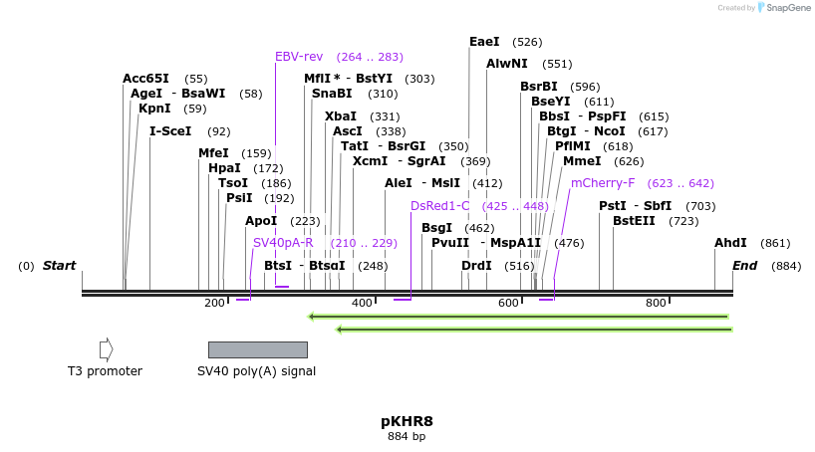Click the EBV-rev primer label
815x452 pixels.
[x=299, y=57]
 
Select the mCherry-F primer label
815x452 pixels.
[x=602, y=183]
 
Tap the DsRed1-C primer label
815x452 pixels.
[x=439, y=206]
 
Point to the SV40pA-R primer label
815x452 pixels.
[x=283, y=243]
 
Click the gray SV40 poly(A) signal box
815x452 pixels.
[x=257, y=349]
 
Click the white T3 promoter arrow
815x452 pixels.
[x=106, y=349]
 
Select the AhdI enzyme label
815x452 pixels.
[x=730, y=243]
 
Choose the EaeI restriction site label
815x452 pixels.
[x=484, y=42]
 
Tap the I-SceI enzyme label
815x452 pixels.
[x=170, y=130]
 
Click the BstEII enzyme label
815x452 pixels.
[x=634, y=221]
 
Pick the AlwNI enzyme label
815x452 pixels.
[x=506, y=64]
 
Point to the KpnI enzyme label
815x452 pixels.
[x=154, y=109]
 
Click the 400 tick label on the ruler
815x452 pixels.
[x=362, y=303]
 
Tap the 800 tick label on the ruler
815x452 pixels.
[x=656, y=303]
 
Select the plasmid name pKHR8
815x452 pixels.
[x=407, y=421]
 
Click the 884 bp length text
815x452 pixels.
[x=407, y=436]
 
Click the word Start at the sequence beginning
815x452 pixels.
[x=59, y=266]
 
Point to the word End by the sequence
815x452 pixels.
[x=744, y=266]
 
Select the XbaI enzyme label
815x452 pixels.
[x=341, y=116]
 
